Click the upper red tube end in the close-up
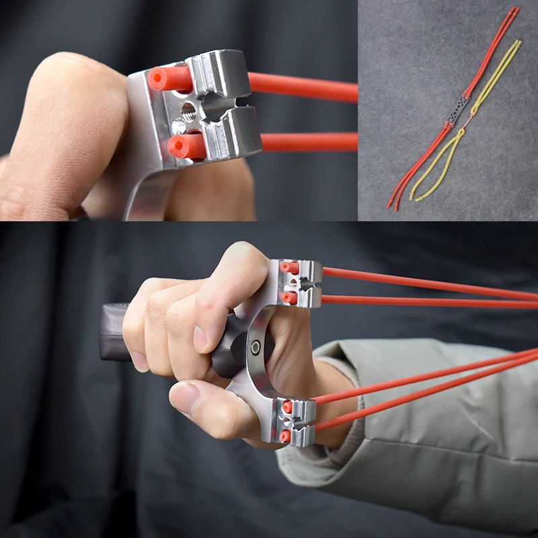160,79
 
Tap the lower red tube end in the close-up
179,146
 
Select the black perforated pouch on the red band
461,110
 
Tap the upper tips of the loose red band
514,10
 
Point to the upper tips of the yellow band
518,42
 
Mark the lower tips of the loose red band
391,204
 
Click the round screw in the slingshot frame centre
256,347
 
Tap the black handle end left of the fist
113,333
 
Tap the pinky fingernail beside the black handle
139,361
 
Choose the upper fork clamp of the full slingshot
300,283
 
